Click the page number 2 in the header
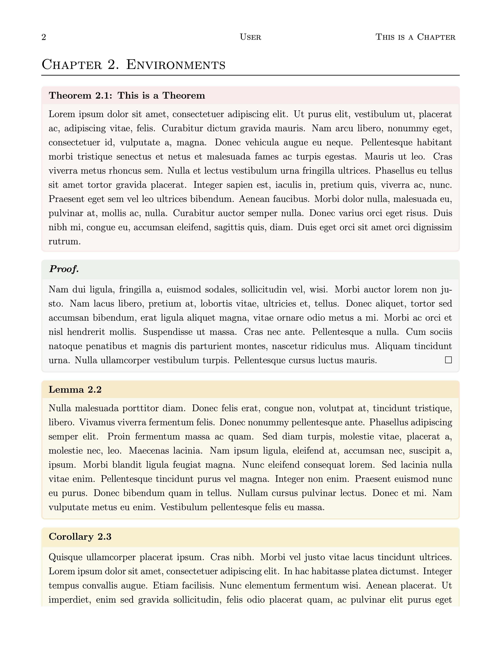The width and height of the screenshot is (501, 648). pyautogui.click(x=44, y=37)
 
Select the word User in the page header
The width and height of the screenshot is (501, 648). pyautogui.click(x=250, y=37)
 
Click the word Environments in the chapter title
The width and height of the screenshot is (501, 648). pyautogui.click(x=176, y=65)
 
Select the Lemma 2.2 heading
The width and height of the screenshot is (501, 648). pyautogui.click(x=75, y=390)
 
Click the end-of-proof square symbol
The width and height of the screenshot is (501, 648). pyautogui.click(x=448, y=360)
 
